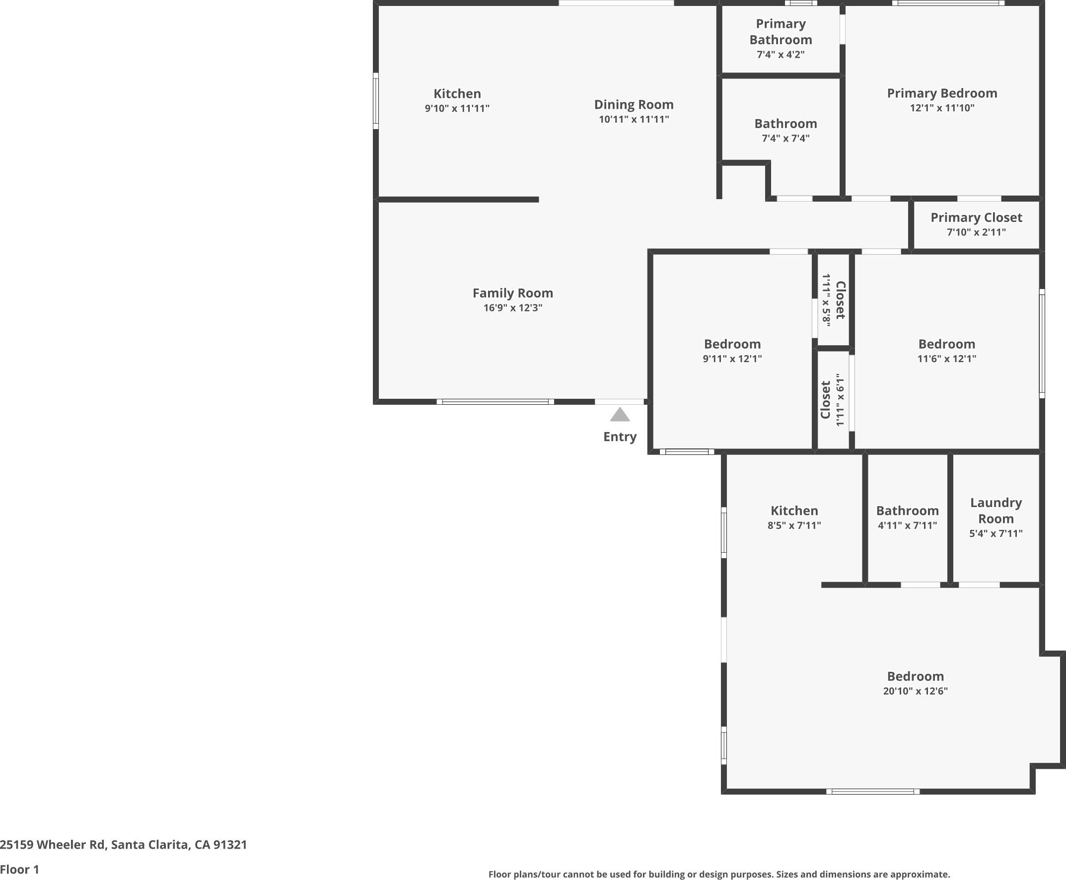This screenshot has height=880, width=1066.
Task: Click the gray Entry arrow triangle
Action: [x=620, y=415]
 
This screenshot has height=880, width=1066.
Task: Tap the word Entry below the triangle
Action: [x=620, y=437]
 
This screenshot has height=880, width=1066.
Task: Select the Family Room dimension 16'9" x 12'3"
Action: [x=512, y=308]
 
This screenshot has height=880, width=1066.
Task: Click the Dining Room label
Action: [x=634, y=104]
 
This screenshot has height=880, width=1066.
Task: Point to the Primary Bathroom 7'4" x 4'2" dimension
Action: [x=780, y=55]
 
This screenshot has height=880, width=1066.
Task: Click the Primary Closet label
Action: [x=976, y=218]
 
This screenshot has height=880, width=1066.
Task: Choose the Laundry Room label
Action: [x=995, y=511]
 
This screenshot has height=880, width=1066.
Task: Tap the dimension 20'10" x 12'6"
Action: [x=915, y=691]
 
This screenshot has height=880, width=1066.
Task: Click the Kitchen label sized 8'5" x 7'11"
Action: [x=794, y=511]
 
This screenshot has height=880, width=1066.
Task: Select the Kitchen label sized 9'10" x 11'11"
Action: [x=457, y=94]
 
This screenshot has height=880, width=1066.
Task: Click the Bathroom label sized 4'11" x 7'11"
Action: [x=907, y=511]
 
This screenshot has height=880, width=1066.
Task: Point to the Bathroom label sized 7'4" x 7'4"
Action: [x=785, y=124]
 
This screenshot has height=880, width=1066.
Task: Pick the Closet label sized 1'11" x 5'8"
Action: [x=840, y=300]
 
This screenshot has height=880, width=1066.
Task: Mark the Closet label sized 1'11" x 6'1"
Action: [x=825, y=400]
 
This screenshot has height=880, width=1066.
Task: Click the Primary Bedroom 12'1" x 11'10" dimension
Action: [x=942, y=108]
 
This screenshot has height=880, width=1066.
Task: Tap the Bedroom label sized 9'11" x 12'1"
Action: [x=732, y=344]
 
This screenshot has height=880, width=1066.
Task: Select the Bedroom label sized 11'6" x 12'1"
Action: [x=946, y=344]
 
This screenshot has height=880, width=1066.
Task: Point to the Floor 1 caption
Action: [x=19, y=870]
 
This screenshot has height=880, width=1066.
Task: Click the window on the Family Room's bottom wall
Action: [x=495, y=402]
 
